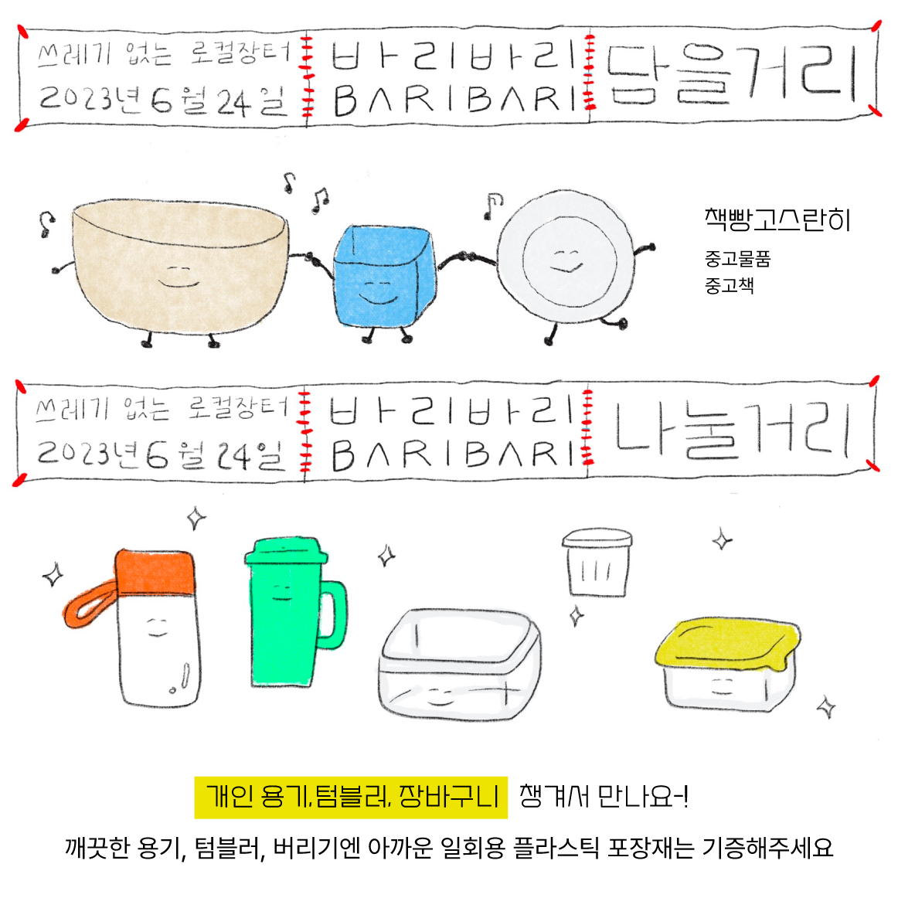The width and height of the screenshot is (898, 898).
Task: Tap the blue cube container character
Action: point(383,281)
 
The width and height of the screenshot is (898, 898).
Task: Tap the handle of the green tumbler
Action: point(332,615)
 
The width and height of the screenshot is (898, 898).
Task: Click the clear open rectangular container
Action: point(459,665)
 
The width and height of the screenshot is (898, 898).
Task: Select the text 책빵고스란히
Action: point(777,220)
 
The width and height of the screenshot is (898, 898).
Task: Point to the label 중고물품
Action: point(737,259)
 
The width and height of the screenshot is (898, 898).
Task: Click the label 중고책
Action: point(729,284)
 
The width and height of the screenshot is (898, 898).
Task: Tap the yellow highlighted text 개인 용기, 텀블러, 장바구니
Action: point(351,798)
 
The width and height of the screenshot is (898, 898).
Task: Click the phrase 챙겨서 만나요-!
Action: point(604,796)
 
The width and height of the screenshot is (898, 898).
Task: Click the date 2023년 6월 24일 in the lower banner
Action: point(161,454)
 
